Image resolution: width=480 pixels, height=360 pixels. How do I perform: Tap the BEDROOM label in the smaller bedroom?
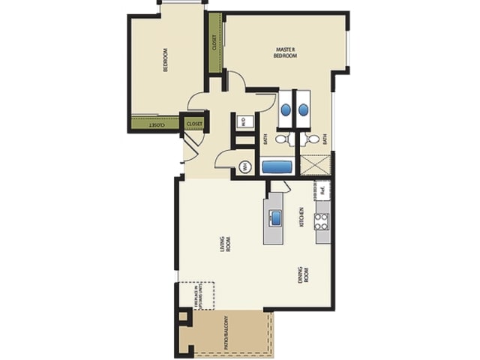coord(165,59)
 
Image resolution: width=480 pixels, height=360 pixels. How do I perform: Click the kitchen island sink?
coord(274,218)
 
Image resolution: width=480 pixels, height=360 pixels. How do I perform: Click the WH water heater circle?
coord(244,167)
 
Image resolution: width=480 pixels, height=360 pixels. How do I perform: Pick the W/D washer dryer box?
coord(244,122)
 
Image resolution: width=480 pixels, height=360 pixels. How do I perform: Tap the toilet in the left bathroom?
coord(282,139)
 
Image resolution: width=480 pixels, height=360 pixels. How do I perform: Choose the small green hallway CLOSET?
coord(194,123)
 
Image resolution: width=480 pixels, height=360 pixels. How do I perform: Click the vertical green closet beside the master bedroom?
coord(214,43)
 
